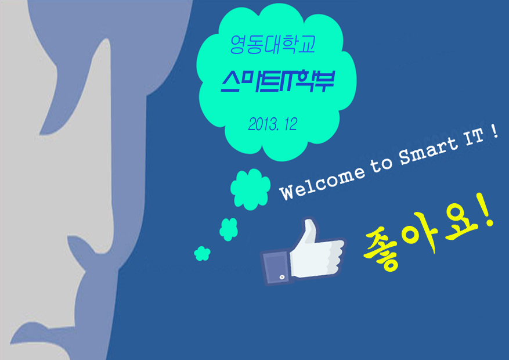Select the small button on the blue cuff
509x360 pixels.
(281, 278)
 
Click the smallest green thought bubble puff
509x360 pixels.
(202, 253)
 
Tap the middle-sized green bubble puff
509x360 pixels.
(229, 229)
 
